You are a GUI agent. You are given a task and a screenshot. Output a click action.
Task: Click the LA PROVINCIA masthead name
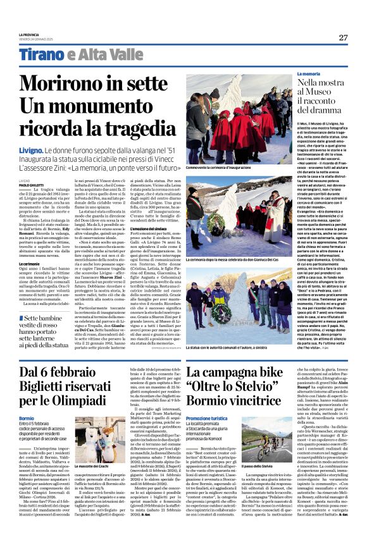[28, 34]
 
